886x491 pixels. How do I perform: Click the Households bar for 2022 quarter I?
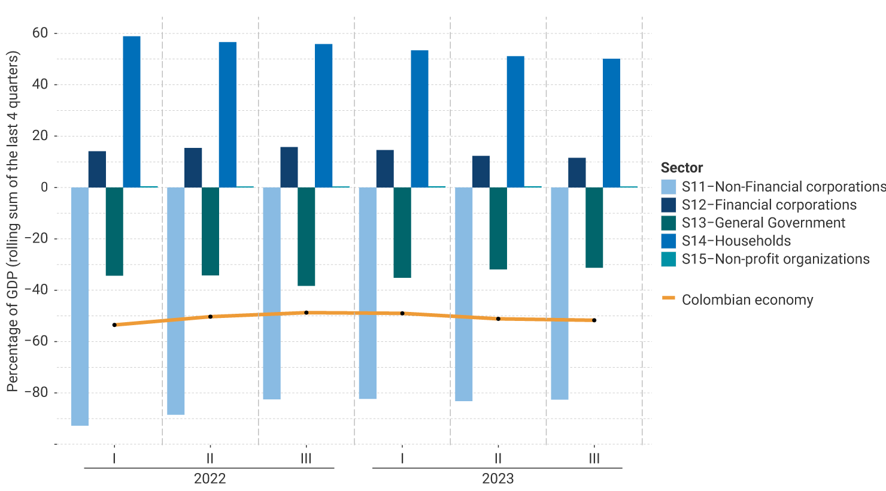[x=132, y=112]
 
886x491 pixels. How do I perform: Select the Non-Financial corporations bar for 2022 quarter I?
[x=80, y=306]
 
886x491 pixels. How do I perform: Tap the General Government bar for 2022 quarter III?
[x=306, y=237]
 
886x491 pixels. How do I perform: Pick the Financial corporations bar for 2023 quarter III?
[x=577, y=172]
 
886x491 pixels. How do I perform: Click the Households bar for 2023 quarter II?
[x=515, y=122]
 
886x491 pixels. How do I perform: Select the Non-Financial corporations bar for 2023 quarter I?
[x=368, y=293]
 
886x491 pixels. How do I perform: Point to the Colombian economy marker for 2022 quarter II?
[x=210, y=316]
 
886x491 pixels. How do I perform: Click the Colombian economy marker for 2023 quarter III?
[x=594, y=320]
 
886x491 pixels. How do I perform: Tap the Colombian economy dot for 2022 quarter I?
[x=114, y=325]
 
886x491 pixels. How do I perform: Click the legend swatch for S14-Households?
[x=669, y=241]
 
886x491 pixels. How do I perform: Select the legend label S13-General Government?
[x=763, y=223]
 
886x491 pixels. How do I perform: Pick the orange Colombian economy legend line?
[x=669, y=298]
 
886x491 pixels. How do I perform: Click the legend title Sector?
[x=681, y=168]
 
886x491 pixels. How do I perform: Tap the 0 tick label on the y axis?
[x=44, y=187]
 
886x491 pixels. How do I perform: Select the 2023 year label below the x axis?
[x=497, y=478]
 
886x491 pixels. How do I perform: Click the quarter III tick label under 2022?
[x=306, y=459]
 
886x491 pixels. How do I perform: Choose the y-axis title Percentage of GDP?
[x=13, y=222]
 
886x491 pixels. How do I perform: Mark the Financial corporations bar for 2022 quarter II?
[x=193, y=168]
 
